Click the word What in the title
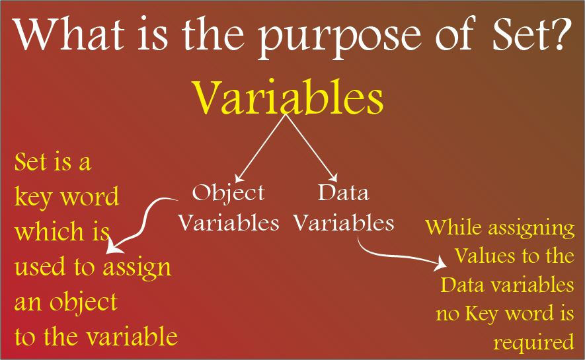[x=69, y=34]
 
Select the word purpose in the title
[x=339, y=39]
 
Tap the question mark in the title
[x=561, y=34]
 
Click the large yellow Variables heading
[x=288, y=98]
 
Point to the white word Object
[x=228, y=194]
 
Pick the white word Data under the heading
[x=343, y=192]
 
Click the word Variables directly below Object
[x=228, y=223]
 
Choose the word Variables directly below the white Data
[x=343, y=223]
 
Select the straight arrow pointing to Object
[x=260, y=149]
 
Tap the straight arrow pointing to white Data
[x=311, y=148]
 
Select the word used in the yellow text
[x=40, y=266]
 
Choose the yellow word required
[x=533, y=342]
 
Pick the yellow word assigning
[x=531, y=229]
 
